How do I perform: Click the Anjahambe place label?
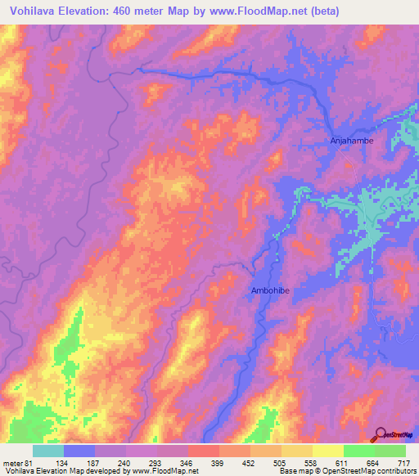point(351,141)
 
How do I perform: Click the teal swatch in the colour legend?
point(48,451)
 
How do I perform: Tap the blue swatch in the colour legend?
point(79,451)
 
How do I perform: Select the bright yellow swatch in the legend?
point(327,451)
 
